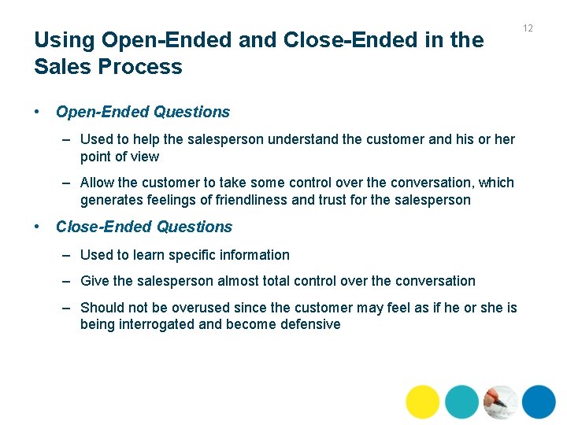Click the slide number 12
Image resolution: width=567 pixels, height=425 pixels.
pos(528,28)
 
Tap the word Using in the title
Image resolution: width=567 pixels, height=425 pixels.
pos(64,40)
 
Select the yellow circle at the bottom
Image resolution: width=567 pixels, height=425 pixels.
pos(423,401)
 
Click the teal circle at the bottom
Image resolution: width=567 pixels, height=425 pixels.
pos(461,401)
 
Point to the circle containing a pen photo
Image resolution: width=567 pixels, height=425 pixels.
pos(500,401)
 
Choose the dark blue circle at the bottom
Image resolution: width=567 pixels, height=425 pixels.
pos(539,401)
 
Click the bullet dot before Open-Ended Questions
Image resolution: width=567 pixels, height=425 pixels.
pos(37,112)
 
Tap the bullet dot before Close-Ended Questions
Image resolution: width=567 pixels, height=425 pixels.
pos(37,227)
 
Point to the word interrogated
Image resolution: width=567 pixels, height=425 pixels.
pos(165,324)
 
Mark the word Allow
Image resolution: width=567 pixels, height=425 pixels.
pos(97,183)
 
